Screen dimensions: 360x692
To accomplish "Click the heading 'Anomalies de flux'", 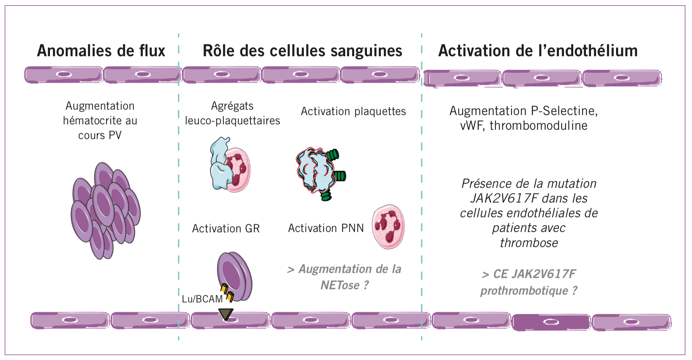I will (x=101, y=51).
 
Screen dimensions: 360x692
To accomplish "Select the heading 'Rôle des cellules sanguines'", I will (x=302, y=51).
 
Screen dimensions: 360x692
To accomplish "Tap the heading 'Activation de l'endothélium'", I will (x=538, y=51).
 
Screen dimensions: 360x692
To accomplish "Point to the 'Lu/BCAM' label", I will (x=202, y=299).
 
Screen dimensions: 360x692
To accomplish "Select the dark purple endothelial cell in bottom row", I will (x=551, y=322).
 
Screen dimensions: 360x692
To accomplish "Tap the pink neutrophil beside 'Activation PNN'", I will (x=388, y=227).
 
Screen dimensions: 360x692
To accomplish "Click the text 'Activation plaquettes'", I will (x=353, y=111).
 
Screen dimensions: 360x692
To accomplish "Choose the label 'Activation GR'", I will (x=226, y=228).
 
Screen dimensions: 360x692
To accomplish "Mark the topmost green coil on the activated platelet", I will (x=332, y=155).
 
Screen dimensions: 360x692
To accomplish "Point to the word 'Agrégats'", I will (x=232, y=106).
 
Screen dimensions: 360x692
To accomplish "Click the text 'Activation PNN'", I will (x=326, y=228).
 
